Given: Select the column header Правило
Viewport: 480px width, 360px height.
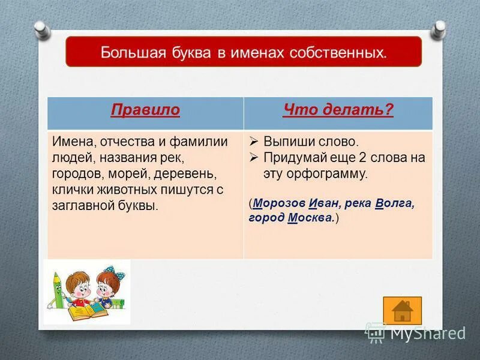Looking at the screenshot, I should pos(145,110).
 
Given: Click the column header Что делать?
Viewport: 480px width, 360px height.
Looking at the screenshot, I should pos(338,110).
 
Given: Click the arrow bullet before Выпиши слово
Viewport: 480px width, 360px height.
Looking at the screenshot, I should pos(254,143).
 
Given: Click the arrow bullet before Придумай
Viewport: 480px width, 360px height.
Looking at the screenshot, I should pos(254,158).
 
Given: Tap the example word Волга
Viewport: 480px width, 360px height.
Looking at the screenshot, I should pos(394,203).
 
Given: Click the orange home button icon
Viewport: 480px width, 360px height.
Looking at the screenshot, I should pos(403,310).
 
